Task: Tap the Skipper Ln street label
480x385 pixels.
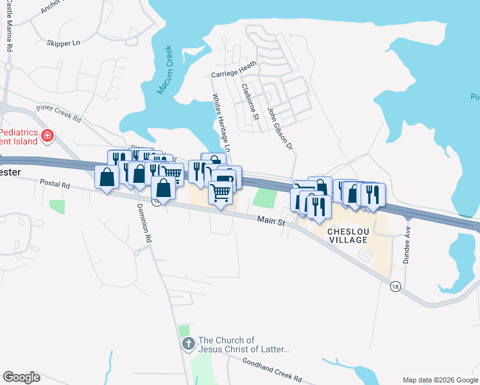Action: pos(63,43)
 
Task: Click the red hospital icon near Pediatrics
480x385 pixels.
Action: pos(46,135)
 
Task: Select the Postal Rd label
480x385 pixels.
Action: pos(55,184)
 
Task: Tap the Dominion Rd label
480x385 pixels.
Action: pos(143,223)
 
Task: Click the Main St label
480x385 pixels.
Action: pos(271,221)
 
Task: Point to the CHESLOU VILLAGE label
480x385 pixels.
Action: pos(347,235)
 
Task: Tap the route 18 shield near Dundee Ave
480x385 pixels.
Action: pos(395,287)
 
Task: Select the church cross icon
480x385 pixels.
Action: pos(188,344)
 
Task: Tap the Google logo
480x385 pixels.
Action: pos(21,377)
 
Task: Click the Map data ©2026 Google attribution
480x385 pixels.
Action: pos(440,380)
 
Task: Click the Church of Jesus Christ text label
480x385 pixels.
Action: pos(244,345)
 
